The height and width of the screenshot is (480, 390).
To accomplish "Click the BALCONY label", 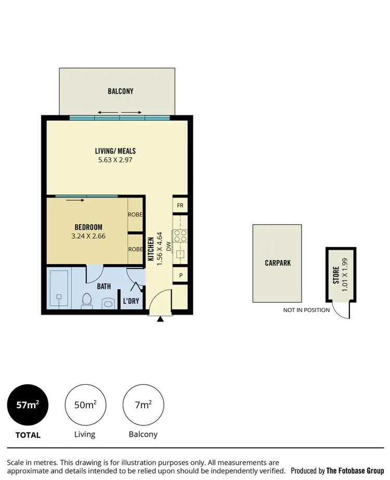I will point(121,91).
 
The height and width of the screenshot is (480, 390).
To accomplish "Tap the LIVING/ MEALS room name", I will point(115,151).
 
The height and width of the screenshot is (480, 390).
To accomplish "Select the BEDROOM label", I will point(88,227).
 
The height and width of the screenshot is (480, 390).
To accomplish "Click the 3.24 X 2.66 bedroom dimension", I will point(88,236).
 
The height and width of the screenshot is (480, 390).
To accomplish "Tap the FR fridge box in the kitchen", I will point(180,205).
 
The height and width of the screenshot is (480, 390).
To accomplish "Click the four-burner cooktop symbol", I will point(180,236).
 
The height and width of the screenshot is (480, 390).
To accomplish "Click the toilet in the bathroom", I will point(87,300).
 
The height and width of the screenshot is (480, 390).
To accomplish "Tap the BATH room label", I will point(105,286).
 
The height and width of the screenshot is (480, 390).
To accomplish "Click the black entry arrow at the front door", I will point(160,319).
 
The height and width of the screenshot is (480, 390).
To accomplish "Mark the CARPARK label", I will point(277,263).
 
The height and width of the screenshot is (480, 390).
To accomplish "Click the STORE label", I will point(335,274).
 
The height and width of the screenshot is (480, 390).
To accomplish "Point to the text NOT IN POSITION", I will point(306,310).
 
